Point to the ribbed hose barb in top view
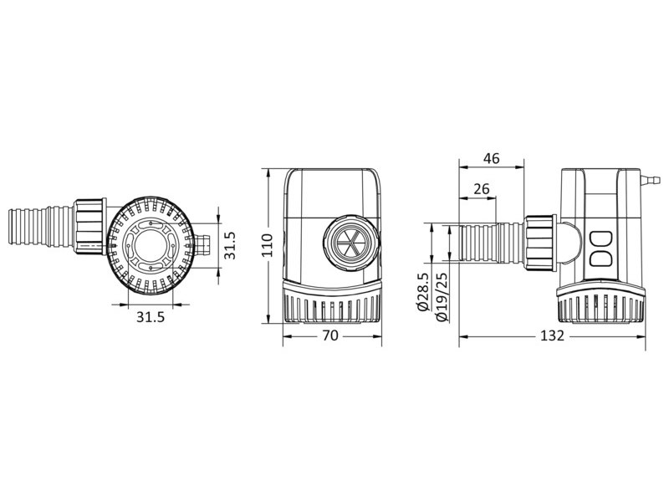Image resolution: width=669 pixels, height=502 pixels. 42,227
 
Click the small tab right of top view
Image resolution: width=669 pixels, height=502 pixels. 204,247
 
